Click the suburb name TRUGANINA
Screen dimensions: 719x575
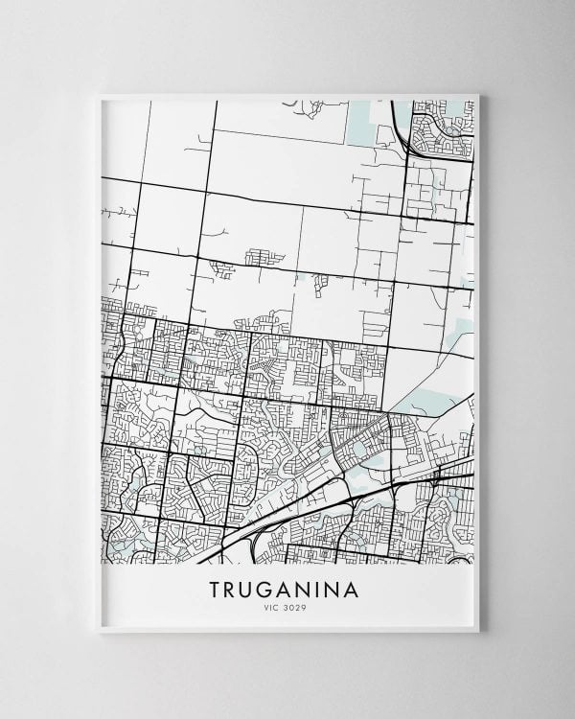[284, 590]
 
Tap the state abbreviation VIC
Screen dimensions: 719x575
[271, 609]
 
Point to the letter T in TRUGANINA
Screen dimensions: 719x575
[216, 590]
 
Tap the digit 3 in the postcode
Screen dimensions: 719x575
[287, 609]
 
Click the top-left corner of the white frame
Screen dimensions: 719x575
[100, 94]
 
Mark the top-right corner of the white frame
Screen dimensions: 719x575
[478, 94]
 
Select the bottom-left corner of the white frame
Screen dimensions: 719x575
[100, 632]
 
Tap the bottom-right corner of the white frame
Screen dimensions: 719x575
[478, 632]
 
